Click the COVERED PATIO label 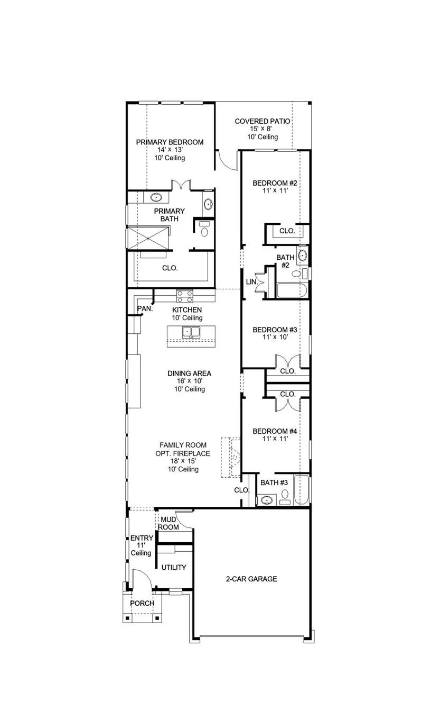(263, 121)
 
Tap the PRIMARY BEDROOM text (170, 142)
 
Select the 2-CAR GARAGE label (251, 579)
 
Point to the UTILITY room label (174, 568)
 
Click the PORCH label (142, 603)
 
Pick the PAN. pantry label (145, 309)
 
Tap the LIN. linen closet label (251, 282)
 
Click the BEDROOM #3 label (275, 330)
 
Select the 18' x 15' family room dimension (183, 461)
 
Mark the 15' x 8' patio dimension (263, 129)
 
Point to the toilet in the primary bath (204, 229)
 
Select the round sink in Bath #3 (267, 499)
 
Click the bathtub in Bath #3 (301, 490)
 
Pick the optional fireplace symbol (231, 457)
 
